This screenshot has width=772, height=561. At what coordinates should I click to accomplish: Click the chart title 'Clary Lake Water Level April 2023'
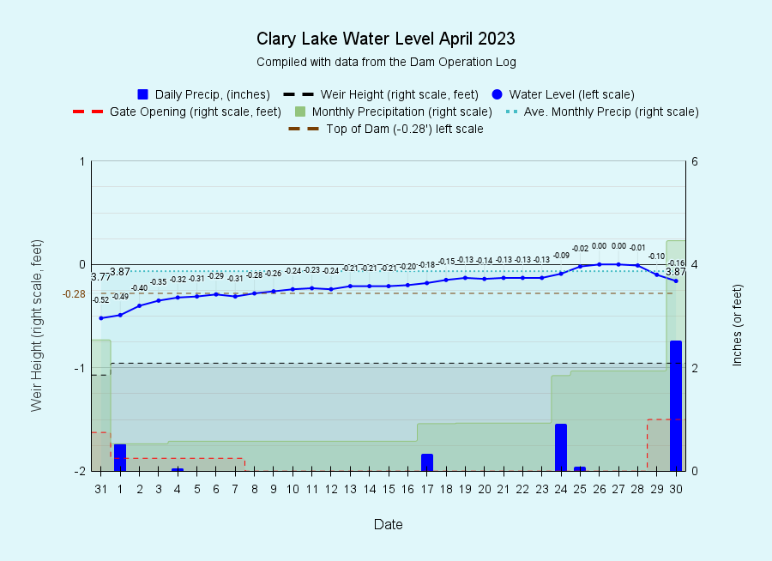[x=385, y=39]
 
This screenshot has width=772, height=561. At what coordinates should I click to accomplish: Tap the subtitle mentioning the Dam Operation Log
[x=386, y=62]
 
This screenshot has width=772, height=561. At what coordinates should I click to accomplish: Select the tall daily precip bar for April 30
[x=676, y=406]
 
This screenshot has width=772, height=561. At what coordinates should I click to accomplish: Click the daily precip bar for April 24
[x=561, y=447]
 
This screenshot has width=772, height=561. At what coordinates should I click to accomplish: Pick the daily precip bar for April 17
[x=427, y=462]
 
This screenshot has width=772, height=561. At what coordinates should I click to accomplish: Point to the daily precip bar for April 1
[x=120, y=457]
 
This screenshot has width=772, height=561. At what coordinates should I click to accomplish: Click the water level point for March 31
[x=101, y=318]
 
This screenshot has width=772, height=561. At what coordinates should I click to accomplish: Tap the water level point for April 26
[x=600, y=264]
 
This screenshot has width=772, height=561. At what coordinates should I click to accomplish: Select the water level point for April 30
[x=676, y=280]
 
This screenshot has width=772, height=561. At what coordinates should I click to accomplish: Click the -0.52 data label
[x=101, y=300]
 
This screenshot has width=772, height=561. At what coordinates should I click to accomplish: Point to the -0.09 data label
[x=561, y=255]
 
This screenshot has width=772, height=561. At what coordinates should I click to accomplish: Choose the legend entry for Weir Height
[x=381, y=94]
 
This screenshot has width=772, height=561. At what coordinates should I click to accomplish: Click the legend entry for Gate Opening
[x=177, y=112]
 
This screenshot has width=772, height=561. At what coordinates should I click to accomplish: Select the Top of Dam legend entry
[x=385, y=129]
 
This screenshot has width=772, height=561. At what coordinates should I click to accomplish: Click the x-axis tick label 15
[x=389, y=489]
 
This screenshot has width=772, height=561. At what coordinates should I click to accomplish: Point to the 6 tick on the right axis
[x=695, y=161]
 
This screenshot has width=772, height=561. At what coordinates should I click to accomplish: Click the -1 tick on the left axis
[x=80, y=368]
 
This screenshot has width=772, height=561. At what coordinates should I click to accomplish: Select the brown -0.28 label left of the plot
[x=74, y=294]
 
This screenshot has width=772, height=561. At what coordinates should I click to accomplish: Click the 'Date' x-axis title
[x=388, y=524]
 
